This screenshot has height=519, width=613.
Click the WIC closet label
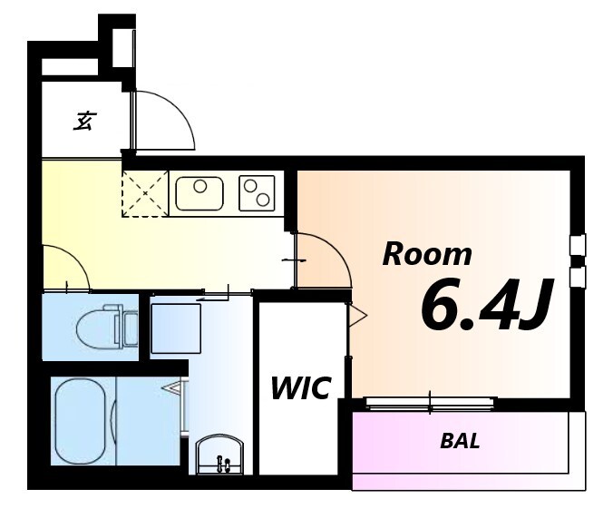point(301,388)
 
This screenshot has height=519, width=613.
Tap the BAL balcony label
point(460,441)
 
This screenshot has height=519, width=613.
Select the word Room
point(427,255)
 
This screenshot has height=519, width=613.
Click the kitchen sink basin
point(199,193)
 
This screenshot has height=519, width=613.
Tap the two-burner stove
point(257,193)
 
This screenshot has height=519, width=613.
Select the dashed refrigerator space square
point(145,193)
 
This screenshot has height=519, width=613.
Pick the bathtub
point(81,421)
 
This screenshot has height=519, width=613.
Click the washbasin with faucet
point(219,454)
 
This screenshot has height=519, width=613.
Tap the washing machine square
point(176,328)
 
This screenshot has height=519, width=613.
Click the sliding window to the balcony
point(431,404)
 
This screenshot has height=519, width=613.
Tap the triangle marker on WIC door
point(357,315)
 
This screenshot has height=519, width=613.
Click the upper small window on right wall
point(578,245)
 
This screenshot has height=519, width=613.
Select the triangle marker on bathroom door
point(172,387)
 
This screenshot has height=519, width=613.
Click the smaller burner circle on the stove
point(249,186)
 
